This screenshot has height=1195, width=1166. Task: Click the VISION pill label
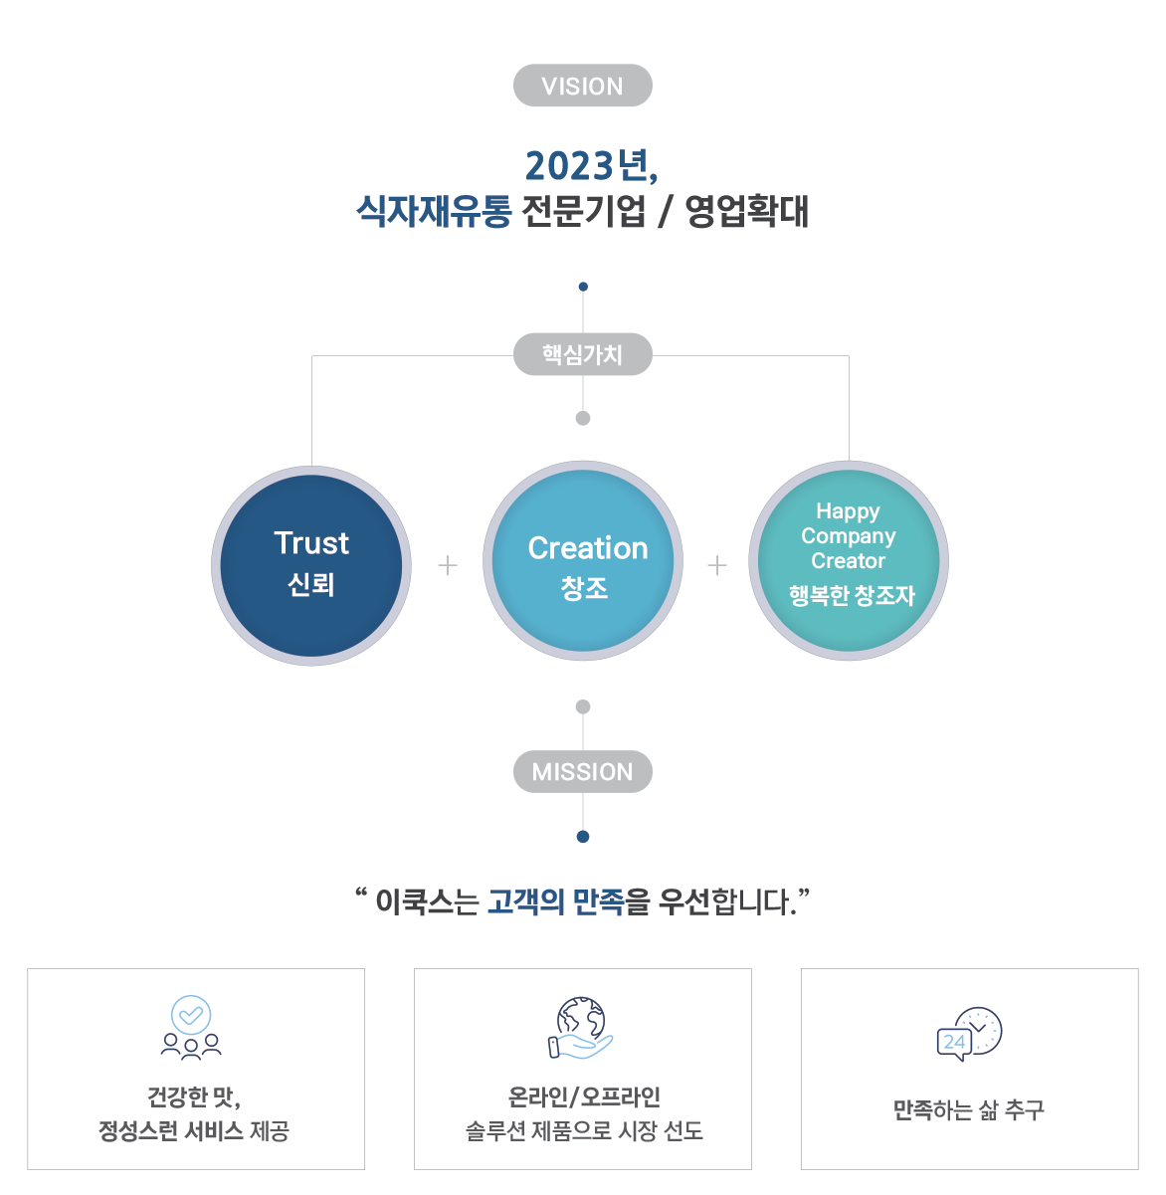tap(582, 86)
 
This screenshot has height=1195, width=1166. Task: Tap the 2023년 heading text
tap(591, 166)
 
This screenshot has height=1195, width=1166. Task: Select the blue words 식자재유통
tap(434, 211)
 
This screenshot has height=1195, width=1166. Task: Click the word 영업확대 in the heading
tap(746, 211)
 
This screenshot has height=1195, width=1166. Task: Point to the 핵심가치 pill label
tap(582, 354)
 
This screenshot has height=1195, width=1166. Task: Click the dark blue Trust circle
tap(311, 565)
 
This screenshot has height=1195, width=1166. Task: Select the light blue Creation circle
tap(583, 560)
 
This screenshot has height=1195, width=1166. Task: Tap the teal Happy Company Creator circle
tap(849, 560)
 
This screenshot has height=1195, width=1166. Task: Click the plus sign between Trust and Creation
tap(448, 565)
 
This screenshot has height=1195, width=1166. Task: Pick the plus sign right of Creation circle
tap(717, 565)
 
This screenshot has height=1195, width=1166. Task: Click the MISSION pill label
tap(582, 771)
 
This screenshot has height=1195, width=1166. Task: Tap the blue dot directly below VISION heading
tap(583, 287)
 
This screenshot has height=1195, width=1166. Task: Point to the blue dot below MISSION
tap(583, 837)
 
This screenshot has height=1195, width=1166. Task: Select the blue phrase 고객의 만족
tap(556, 902)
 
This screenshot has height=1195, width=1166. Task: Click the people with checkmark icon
tap(191, 1028)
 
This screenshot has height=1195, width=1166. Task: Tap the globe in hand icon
tap(580, 1028)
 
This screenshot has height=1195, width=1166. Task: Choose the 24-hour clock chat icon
tap(969, 1034)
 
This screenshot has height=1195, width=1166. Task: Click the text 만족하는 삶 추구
tap(968, 1109)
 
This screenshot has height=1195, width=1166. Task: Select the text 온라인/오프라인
tap(584, 1096)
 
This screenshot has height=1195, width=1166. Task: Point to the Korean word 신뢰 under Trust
tap(311, 584)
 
